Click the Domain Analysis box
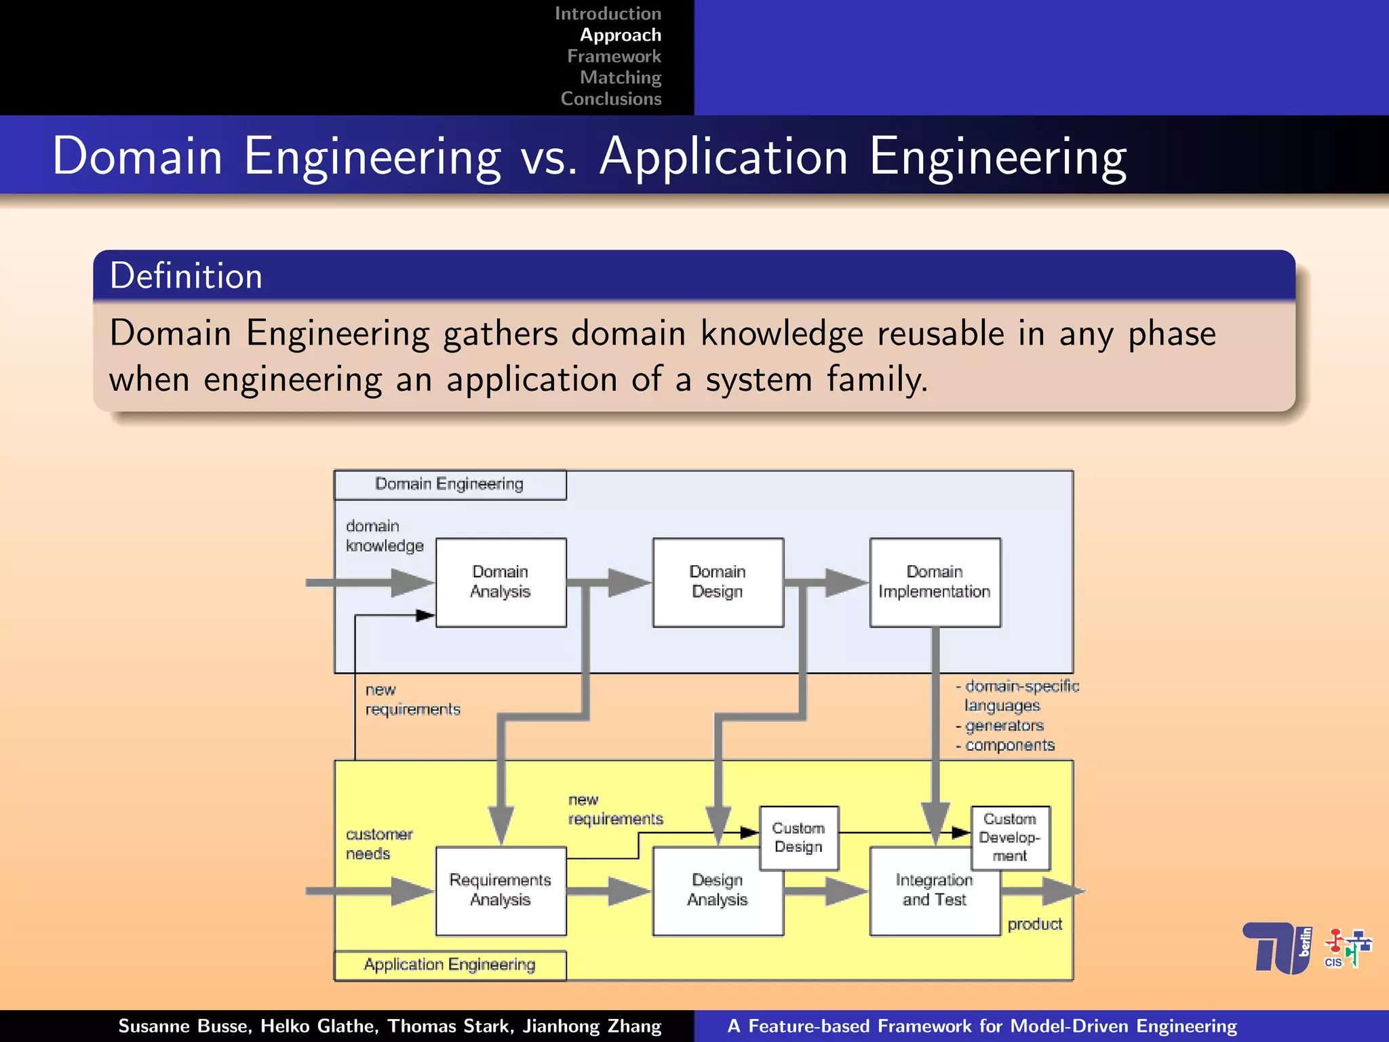501,582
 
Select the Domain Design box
718,582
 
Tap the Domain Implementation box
935,582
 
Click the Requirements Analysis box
501,890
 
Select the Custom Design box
799,838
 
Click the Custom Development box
1010,838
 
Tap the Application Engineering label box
450,965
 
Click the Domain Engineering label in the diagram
450,484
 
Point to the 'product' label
1034,924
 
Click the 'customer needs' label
378,844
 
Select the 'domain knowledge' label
384,536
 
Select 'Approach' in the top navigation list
620,35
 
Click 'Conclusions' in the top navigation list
610,99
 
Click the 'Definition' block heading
187,276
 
